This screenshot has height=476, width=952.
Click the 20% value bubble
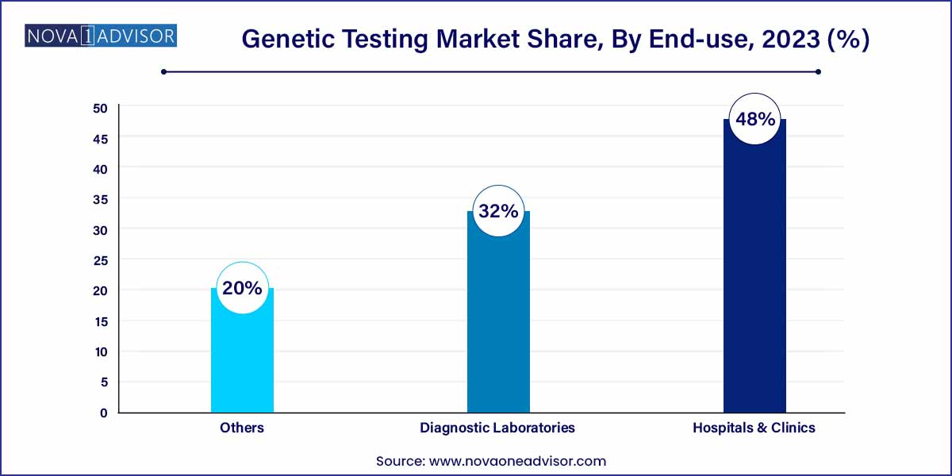[x=242, y=288]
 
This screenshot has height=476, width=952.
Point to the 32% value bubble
[x=498, y=212]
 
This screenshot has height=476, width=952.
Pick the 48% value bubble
[x=754, y=120]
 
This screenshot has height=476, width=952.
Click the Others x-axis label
[x=242, y=428]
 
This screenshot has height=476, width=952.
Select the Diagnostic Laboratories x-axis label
[x=497, y=428]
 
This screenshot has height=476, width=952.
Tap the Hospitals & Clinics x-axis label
[x=754, y=428]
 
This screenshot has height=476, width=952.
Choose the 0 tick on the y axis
[x=103, y=413]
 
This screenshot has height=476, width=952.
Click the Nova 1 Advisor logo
[x=101, y=36]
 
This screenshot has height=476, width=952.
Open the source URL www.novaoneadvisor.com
[x=518, y=461]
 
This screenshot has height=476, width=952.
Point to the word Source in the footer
[x=401, y=461]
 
